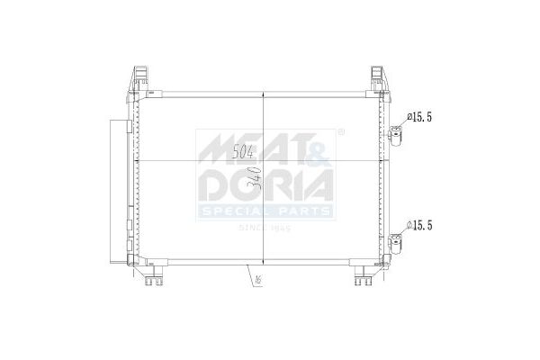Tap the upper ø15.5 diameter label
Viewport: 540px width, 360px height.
point(421,117)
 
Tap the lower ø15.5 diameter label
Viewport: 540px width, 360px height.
point(421,225)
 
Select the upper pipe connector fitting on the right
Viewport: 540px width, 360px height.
point(396,135)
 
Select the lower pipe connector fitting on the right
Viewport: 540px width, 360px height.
point(396,241)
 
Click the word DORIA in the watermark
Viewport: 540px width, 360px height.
point(266,186)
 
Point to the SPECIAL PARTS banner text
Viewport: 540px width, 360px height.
point(266,212)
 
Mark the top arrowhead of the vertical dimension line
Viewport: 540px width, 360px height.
point(263,94)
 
